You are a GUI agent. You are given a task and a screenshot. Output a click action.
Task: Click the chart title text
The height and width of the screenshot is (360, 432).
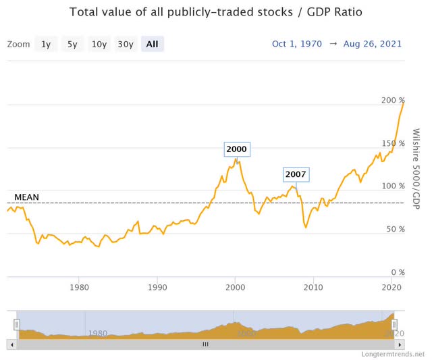point(215,13)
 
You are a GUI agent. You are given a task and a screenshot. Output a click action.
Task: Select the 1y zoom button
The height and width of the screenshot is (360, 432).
point(45,44)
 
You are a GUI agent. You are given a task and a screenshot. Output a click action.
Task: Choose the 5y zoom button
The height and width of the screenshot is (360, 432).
point(72,44)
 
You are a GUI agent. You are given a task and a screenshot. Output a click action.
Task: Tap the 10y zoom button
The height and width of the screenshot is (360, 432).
point(99,44)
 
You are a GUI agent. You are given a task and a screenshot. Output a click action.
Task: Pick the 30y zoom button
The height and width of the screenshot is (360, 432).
point(126,44)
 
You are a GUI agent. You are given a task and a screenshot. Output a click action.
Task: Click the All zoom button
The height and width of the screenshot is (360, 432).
point(153,44)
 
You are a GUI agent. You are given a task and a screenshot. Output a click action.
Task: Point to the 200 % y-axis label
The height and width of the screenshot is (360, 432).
point(392,100)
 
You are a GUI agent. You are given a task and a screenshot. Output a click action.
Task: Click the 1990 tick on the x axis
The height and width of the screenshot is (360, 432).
point(157,287)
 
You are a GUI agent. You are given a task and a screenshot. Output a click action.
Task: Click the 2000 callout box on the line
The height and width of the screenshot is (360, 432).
point(236,149)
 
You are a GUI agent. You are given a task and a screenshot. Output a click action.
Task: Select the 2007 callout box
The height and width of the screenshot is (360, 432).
point(295,174)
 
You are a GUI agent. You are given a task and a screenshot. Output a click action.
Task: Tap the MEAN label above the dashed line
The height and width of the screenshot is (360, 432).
point(26,197)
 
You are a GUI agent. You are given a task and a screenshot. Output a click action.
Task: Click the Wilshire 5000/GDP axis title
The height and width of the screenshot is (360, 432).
point(415,169)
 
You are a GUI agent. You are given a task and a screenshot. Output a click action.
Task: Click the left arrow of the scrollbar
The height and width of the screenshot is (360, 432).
point(11,344)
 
